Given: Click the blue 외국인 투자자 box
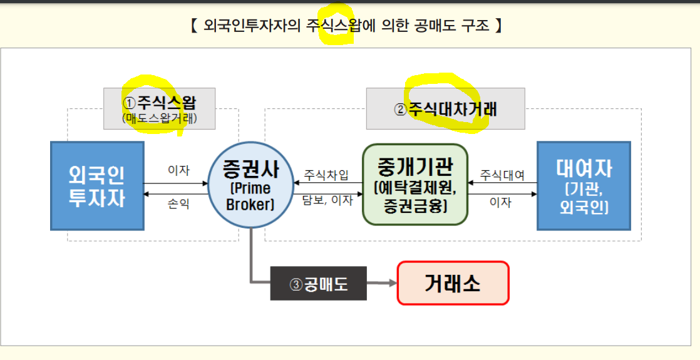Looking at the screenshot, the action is point(97,185).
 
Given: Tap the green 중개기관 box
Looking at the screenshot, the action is point(415,184).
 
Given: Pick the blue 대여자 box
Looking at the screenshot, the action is point(584,185).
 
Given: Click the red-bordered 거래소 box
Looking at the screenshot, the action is point(453,283).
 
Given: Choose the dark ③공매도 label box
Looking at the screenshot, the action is point(318,284).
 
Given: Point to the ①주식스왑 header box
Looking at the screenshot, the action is point(159,108).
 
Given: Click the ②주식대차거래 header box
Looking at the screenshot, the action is point(445,108).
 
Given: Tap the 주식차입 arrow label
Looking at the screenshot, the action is point(326,173).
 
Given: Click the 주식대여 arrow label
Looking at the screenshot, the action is point(502,173).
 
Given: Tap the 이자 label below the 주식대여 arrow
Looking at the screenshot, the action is point(500,202).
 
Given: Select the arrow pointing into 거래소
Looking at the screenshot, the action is point(383,283).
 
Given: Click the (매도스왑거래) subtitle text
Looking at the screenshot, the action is point(159,118).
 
